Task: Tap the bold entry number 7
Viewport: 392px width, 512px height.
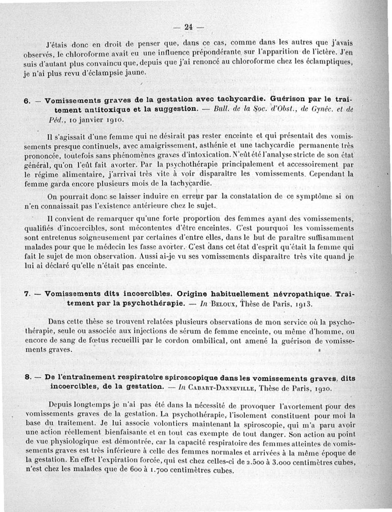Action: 27,294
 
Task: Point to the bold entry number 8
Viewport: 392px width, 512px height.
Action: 27,377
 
